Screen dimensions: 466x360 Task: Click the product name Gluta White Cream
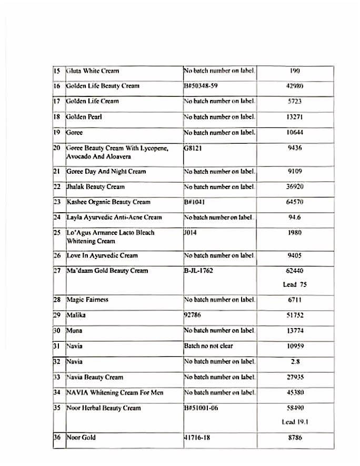click(93, 71)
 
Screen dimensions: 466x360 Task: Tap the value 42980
click(295, 86)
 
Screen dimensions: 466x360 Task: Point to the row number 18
click(58, 116)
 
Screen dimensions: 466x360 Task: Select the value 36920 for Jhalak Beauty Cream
click(295, 187)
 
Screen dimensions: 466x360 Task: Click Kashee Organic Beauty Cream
click(108, 202)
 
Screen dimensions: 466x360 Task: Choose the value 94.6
click(295, 217)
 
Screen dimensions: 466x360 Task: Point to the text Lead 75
click(295, 284)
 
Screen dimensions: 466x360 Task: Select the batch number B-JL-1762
click(201, 271)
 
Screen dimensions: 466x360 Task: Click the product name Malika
click(75, 315)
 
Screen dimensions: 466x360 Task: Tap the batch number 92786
click(193, 315)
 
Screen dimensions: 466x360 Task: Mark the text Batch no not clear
click(208, 346)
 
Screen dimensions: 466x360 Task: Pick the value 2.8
click(295, 362)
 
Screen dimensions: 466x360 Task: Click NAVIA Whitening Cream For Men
click(115, 392)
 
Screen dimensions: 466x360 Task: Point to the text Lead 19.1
click(295, 422)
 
